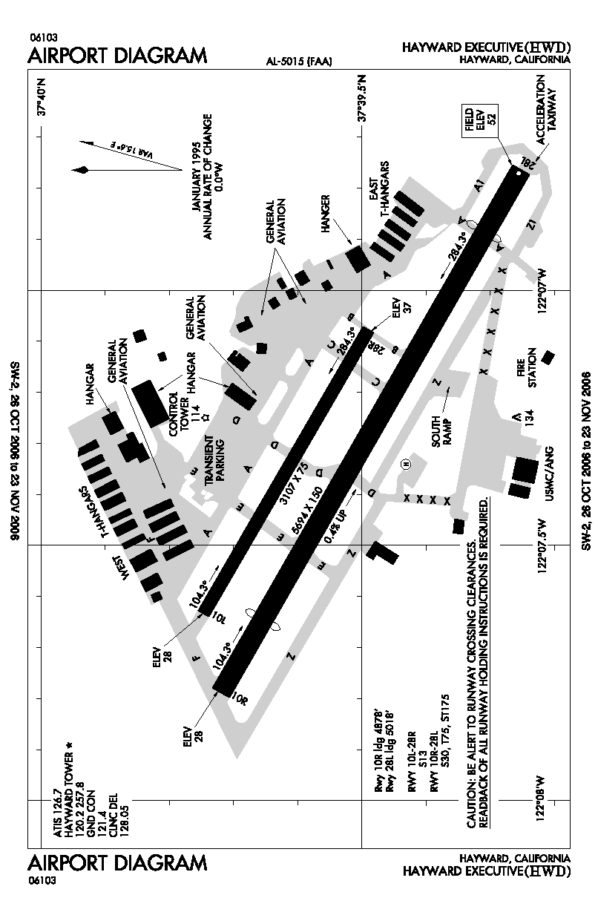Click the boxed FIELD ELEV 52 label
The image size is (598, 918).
tap(480, 120)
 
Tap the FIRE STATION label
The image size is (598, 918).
tap(526, 367)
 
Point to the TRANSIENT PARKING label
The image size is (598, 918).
tap(215, 460)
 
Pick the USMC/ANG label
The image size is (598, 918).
tap(549, 473)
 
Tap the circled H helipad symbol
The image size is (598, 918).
tap(406, 464)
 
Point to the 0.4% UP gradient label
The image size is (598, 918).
tap(335, 527)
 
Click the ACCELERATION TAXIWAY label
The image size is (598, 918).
tap(546, 109)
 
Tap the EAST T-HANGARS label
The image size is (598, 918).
tap(378, 189)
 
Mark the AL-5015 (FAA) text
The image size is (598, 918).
tap(299, 62)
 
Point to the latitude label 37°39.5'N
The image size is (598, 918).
tap(362, 99)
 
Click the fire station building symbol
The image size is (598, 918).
tap(548, 357)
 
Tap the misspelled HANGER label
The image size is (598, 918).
tap(326, 214)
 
